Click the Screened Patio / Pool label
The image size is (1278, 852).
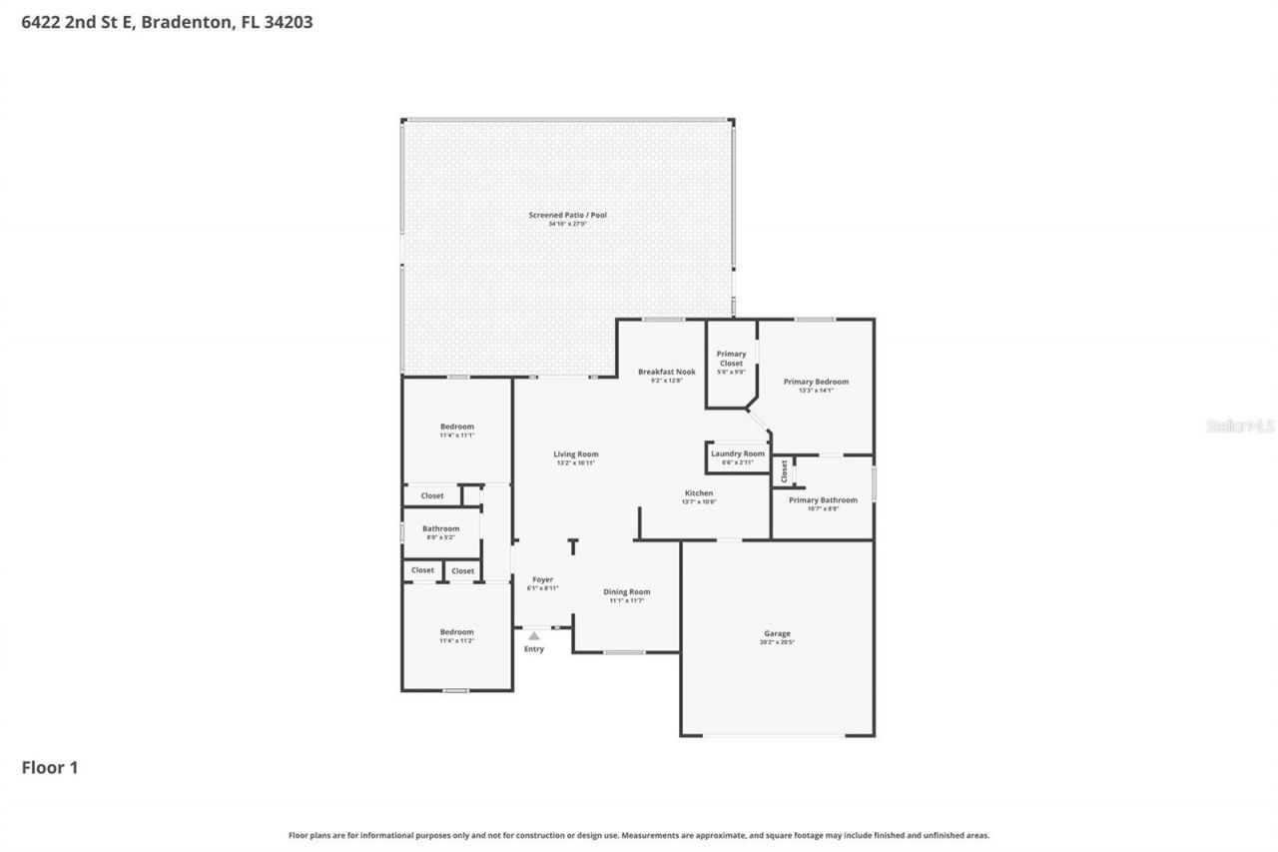coord(567,215)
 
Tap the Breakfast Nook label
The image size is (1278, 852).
coord(666,372)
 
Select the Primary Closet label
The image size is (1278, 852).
coord(731,358)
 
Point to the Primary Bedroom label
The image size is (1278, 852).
coord(816,382)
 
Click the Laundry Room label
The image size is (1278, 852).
coord(738,453)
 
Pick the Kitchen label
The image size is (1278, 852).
coord(698,493)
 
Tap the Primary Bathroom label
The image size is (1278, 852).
coord(823,499)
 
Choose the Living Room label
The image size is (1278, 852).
coord(576,454)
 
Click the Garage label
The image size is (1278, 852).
coord(777,633)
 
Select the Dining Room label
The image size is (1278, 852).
coord(627,591)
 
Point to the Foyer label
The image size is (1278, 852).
coord(542,579)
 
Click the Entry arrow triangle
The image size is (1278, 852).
coord(534,635)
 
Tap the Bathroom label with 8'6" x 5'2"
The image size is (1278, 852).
coord(440,528)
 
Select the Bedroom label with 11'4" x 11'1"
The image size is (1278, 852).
coord(457,426)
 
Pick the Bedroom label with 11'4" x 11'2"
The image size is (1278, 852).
coord(457,631)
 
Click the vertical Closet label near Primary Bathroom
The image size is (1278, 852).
coord(785,469)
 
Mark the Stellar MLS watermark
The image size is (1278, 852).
coord(1240,426)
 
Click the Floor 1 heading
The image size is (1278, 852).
coord(50,767)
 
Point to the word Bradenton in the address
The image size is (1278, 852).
coord(189,21)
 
